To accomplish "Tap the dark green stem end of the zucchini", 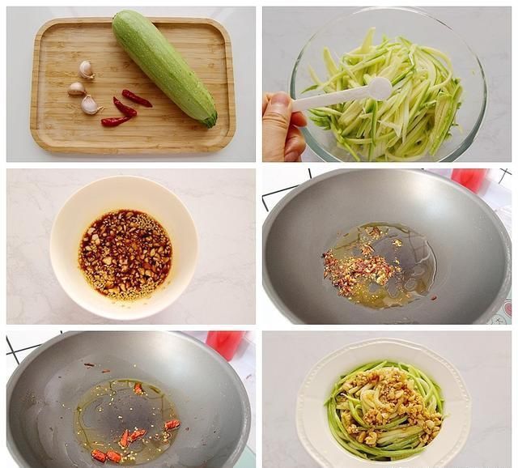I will pos(210,121).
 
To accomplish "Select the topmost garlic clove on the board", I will pos(86,70).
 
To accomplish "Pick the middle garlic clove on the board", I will pos(77,88).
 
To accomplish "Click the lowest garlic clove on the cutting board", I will pos(90,105).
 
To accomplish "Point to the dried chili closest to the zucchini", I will pos(137,98).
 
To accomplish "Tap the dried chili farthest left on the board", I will pos(114,121).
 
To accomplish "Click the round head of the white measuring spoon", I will pos(379,87).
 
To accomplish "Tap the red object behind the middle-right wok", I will pos(469,179).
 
